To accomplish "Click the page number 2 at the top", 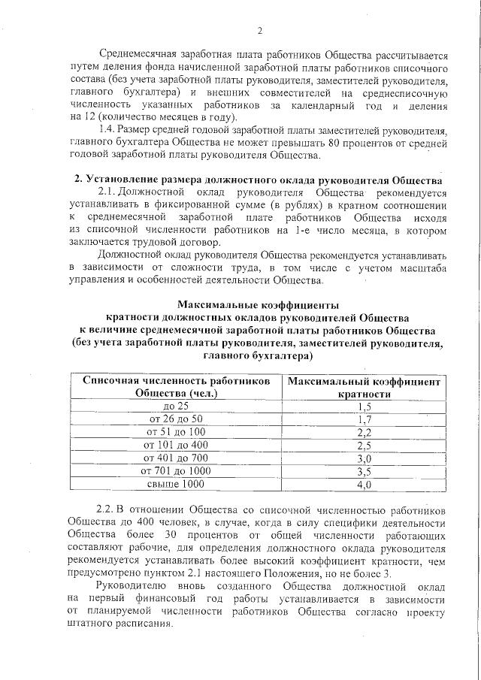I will point(259,31).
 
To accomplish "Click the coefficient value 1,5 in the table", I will point(365,406).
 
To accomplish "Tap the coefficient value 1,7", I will point(365,419).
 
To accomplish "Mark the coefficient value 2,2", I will point(365,432).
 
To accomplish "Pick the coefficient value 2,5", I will point(365,445).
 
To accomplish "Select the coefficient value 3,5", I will point(365,471).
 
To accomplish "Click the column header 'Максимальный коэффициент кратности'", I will point(365,388).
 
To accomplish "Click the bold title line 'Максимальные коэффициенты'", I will point(258,305).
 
